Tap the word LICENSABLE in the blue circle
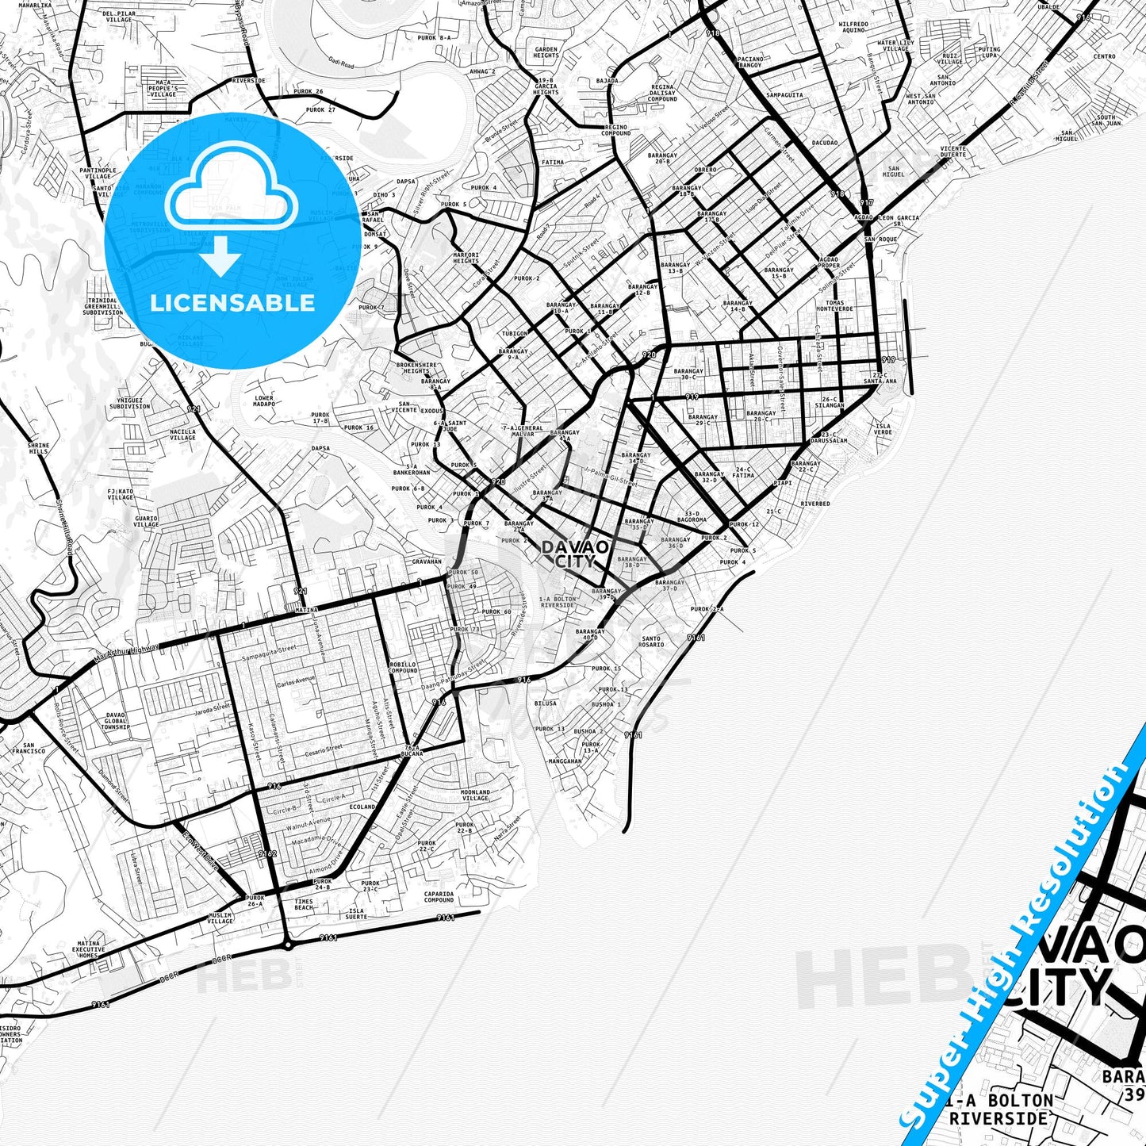[x=232, y=303]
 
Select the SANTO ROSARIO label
[x=651, y=641]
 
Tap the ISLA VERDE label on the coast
[x=883, y=428]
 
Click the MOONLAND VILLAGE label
[x=475, y=795]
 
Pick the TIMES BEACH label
[x=304, y=904]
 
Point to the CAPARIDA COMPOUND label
[x=439, y=896]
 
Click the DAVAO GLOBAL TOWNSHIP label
[x=115, y=720]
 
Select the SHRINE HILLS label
[x=38, y=448]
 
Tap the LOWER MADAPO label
[x=264, y=401]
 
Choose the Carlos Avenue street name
[x=296, y=680]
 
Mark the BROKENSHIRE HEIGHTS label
[x=416, y=368]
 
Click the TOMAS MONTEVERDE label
[x=839, y=305]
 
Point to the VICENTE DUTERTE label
[x=953, y=151]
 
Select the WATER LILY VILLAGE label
[x=895, y=45]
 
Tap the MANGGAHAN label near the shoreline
[x=565, y=761]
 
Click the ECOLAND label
[x=362, y=807]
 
